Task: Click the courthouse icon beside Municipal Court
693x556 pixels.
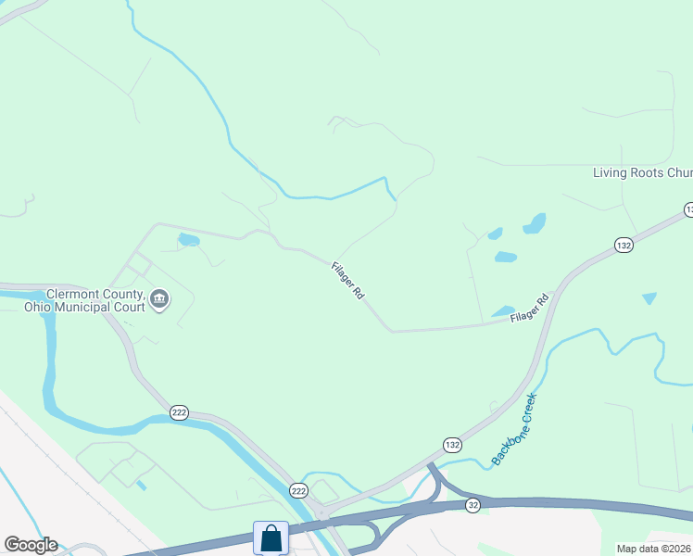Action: point(159,298)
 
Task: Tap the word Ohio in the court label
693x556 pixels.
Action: point(37,307)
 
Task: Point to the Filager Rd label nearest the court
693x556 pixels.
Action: point(347,279)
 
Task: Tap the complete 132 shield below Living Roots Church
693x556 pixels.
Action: point(624,245)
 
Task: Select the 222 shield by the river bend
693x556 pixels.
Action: point(180,411)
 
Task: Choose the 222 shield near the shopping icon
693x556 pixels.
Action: point(298,489)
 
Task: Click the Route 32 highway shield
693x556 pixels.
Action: point(473,504)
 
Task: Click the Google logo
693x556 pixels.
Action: point(31,545)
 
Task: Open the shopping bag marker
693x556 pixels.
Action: point(271,537)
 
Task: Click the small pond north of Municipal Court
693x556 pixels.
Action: point(189,240)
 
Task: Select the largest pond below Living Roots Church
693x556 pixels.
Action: point(535,223)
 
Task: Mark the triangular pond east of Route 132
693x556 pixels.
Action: point(649,298)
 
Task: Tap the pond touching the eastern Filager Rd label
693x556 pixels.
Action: point(503,311)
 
